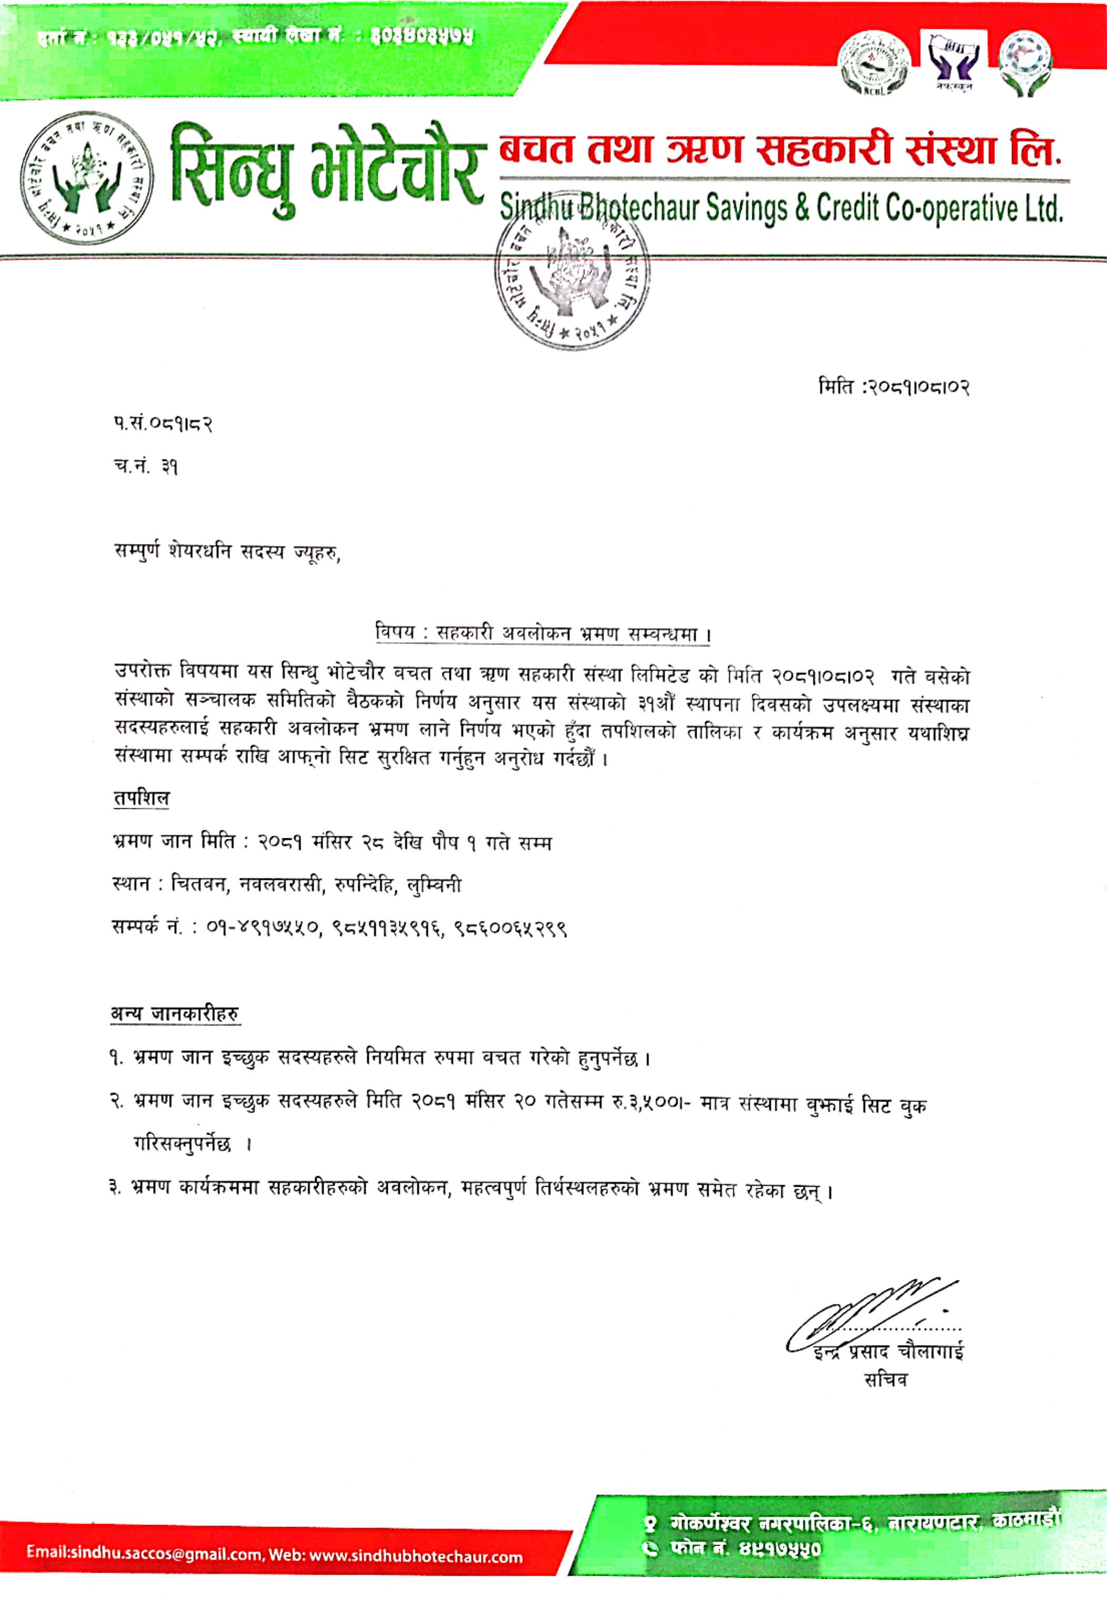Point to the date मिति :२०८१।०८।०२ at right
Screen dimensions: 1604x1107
tap(893, 388)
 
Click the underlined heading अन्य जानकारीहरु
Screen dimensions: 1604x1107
tap(176, 1014)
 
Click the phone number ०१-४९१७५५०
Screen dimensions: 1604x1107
tap(264, 928)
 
